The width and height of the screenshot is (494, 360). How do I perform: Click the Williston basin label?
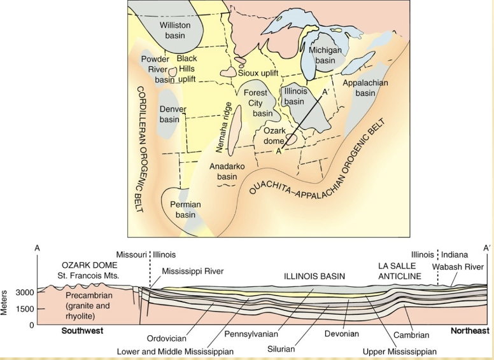pyautogui.click(x=175, y=30)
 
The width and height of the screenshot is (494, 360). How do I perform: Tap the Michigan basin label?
pyautogui.click(x=325, y=55)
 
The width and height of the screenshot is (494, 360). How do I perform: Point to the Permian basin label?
pyautogui.click(x=185, y=209)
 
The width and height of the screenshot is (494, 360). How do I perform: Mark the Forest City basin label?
pyautogui.click(x=259, y=103)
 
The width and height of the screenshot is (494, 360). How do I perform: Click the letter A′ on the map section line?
pyautogui.click(x=325, y=92)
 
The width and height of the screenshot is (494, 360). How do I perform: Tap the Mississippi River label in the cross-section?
pyautogui.click(x=192, y=271)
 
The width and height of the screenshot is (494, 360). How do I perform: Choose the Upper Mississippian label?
pyautogui.click(x=399, y=351)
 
